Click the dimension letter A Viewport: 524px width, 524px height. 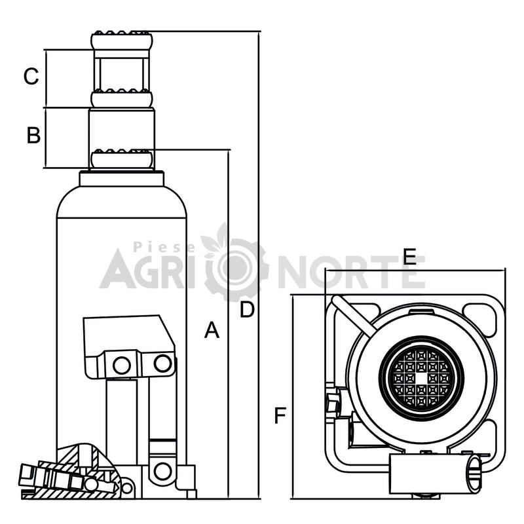(212, 330)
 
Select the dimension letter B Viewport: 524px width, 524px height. (33, 136)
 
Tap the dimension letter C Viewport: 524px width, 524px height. (31, 76)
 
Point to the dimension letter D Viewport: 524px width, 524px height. (248, 309)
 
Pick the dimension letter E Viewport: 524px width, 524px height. (409, 257)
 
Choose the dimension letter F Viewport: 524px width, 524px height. (280, 415)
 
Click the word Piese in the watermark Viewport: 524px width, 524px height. (164, 247)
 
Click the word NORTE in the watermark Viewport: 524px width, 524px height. (351, 272)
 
